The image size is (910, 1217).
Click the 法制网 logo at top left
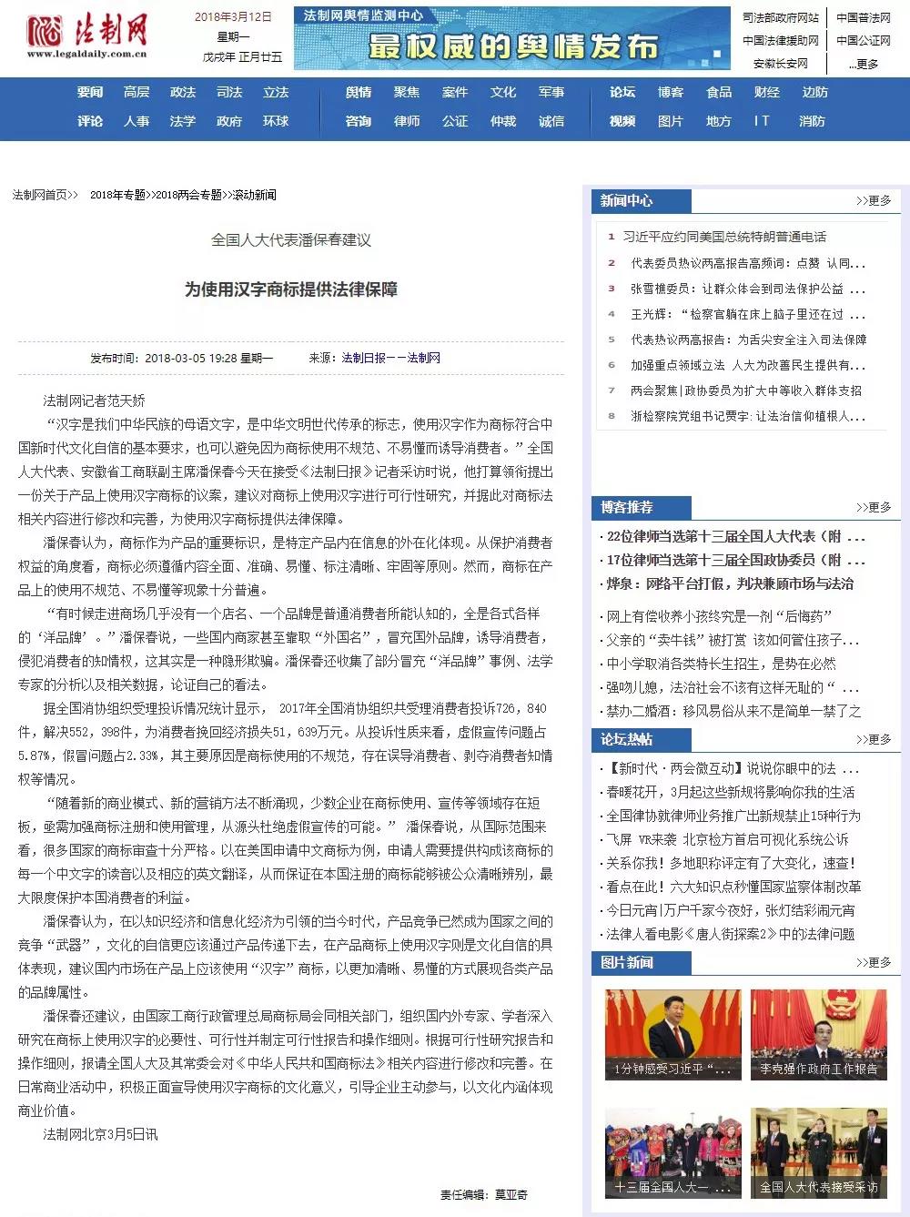point(87,35)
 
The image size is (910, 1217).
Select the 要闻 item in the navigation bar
point(90,92)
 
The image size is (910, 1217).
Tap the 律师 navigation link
point(407,121)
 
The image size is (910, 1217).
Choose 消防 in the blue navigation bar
point(812,121)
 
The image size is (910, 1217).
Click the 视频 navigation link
point(622,121)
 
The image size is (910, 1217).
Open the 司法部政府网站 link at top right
point(781,17)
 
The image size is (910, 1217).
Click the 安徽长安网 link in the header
point(781,64)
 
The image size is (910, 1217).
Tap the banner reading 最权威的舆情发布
point(512,39)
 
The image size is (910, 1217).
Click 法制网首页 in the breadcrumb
point(40,195)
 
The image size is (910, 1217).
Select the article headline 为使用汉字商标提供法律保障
point(291,289)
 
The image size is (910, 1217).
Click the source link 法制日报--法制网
point(391,358)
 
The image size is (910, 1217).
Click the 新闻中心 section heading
point(626,200)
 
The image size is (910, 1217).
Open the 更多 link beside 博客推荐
point(874,507)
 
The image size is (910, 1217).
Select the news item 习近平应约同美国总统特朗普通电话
point(724,237)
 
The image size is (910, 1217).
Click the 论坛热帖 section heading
point(626,739)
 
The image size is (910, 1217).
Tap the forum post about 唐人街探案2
point(731,933)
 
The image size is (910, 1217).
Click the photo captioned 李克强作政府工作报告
point(818,1035)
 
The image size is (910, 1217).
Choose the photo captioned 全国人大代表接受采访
point(818,1153)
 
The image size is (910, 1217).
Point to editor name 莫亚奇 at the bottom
point(511,1194)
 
